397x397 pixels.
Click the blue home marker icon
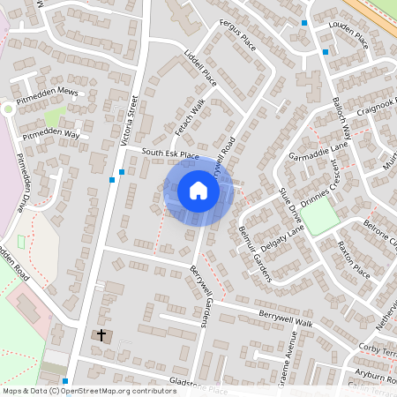198,191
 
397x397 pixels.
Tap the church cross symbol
101,335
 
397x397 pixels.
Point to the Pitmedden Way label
50,135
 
